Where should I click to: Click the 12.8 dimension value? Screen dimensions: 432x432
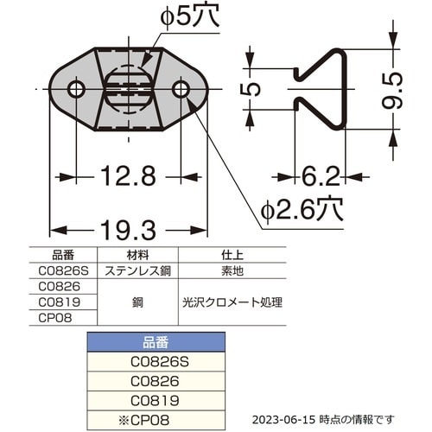pos(128,177)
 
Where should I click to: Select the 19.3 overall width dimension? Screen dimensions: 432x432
pos(128,231)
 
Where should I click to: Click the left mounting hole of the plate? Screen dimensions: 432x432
pos(76,89)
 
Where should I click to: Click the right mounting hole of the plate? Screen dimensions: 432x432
pos(181,89)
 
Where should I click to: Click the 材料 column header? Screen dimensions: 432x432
pos(137,255)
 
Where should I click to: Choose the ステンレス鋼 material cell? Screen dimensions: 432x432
pos(137,270)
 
